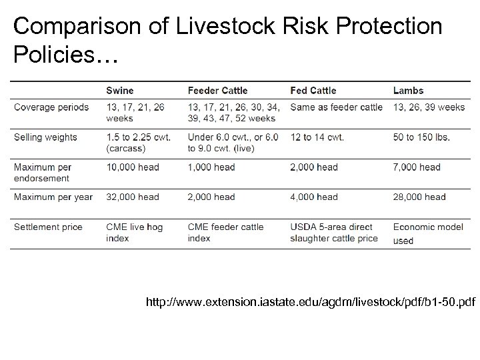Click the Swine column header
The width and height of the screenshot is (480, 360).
120,91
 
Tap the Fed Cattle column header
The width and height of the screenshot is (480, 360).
313,91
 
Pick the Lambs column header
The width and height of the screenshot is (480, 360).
408,91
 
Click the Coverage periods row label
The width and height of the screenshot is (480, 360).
51,107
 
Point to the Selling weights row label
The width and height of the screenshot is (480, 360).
45,137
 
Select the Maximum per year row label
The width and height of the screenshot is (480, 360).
53,197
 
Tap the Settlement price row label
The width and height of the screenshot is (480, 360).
48,227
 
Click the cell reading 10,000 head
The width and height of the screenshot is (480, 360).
133,167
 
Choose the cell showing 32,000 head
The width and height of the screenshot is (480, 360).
133,197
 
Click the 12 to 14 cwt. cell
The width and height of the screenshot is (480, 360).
317,137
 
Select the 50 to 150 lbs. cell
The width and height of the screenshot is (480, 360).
421,137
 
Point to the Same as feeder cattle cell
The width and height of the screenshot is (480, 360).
337,107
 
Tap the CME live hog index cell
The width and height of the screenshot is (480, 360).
134,232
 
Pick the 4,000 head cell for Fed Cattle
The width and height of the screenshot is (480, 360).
314,197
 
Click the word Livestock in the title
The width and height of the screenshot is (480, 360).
209,26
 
